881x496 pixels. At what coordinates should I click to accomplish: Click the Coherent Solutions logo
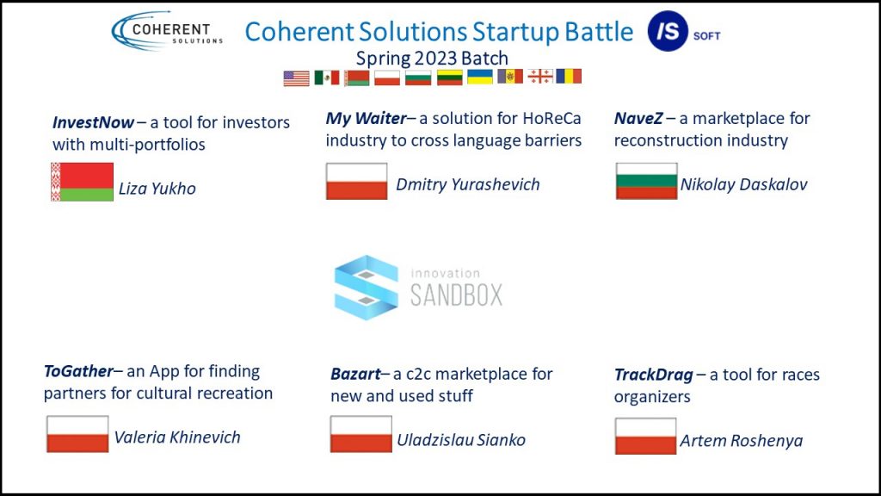click(168, 31)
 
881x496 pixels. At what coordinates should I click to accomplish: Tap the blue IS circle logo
click(668, 31)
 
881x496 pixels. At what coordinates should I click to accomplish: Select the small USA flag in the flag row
click(296, 78)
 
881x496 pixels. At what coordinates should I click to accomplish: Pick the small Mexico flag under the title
click(326, 77)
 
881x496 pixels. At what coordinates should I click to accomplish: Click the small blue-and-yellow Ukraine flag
click(480, 77)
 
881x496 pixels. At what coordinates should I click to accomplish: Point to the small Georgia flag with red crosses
click(540, 77)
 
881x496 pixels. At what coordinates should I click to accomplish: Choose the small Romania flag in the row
click(569, 76)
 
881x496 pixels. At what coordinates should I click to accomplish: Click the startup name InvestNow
click(93, 122)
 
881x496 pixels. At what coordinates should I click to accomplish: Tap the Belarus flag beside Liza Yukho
click(82, 182)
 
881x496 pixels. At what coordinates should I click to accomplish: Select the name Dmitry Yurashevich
click(467, 184)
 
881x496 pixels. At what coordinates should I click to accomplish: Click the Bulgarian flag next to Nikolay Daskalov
click(646, 181)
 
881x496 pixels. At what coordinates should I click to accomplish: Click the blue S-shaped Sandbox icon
click(367, 288)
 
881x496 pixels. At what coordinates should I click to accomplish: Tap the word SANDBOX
click(456, 294)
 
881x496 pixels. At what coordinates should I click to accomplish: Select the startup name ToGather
click(78, 372)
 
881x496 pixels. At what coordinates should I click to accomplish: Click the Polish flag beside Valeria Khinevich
click(77, 434)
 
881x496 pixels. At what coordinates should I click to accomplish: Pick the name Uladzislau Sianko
click(461, 440)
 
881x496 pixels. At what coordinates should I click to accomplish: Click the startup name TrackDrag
click(654, 375)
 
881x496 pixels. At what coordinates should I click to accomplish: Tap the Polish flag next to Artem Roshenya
click(645, 436)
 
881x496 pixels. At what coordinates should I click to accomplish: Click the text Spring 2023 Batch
click(432, 59)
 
